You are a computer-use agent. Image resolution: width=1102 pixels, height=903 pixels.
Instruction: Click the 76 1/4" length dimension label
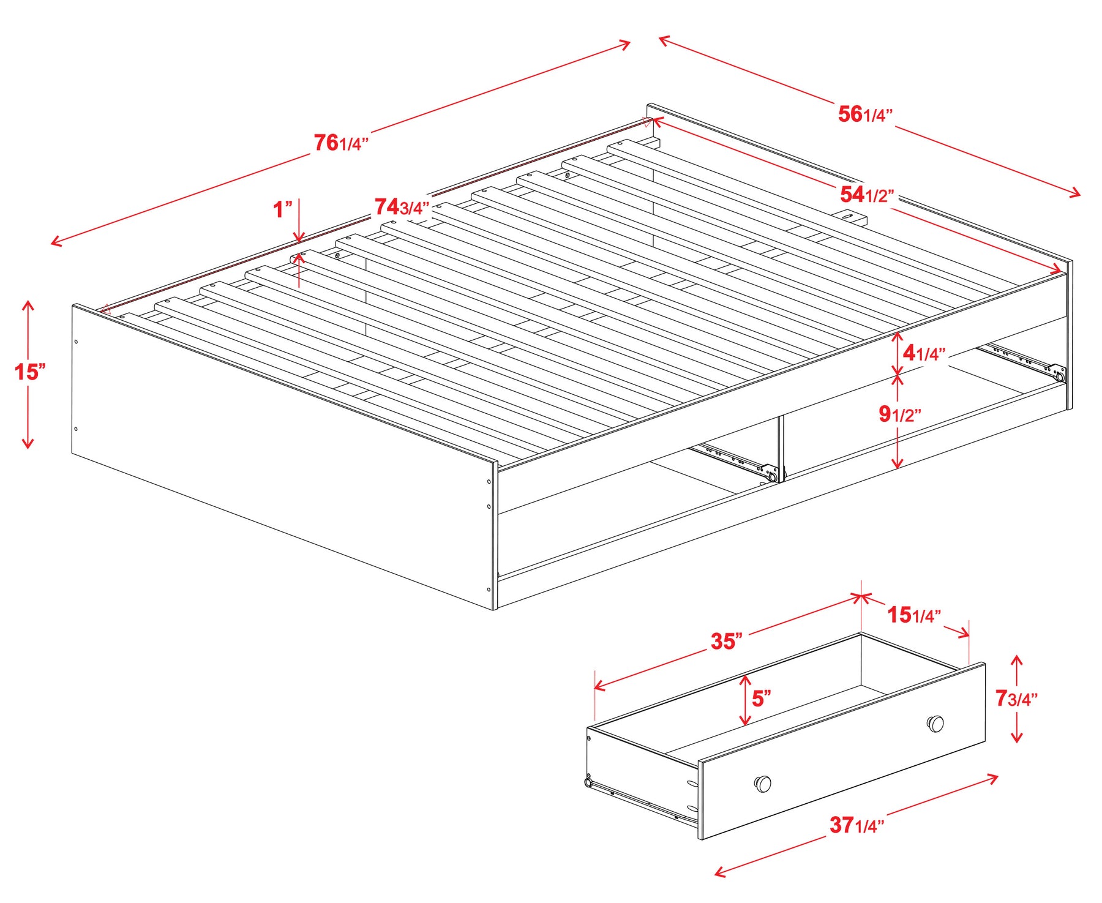341,143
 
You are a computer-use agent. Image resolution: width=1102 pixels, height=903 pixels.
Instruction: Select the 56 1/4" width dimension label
865,114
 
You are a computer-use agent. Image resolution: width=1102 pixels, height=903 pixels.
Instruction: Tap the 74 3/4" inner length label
402,207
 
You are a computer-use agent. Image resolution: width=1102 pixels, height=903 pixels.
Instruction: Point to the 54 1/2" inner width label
867,195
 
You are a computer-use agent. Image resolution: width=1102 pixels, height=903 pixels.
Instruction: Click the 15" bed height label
30,372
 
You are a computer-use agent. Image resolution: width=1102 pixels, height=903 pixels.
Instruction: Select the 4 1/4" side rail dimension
924,353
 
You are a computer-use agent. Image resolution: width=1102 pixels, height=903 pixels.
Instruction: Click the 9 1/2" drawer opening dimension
900,414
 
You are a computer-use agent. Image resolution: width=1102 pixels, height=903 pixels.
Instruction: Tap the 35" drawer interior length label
727,641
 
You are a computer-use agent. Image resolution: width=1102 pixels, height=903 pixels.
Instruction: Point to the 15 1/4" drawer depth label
915,615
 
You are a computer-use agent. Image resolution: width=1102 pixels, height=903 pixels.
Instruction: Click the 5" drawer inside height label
762,698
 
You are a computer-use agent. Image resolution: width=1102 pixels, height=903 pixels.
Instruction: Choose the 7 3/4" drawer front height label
1016,698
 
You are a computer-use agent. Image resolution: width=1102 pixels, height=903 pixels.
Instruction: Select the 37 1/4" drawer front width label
857,825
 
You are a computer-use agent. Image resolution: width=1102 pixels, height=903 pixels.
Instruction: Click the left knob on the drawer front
763,784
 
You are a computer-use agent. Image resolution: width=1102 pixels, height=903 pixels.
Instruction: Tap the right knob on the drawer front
935,724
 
